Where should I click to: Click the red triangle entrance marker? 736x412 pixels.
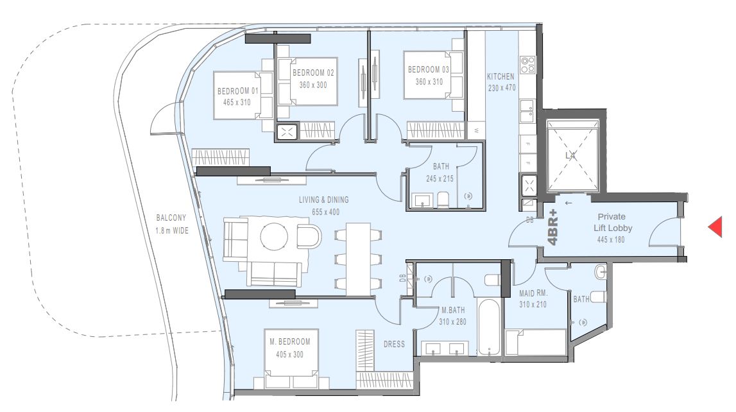(x=715, y=227)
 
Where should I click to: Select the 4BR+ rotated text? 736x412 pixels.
(x=553, y=230)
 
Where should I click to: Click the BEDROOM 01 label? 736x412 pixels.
(x=237, y=91)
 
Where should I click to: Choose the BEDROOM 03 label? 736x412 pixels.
(x=429, y=69)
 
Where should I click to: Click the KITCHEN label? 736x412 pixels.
(x=501, y=76)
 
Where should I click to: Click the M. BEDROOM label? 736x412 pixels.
(x=290, y=342)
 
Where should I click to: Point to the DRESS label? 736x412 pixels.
(x=394, y=345)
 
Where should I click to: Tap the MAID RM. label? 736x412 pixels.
(x=532, y=294)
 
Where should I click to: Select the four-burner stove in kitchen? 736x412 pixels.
(x=527, y=65)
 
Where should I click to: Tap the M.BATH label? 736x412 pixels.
(x=452, y=310)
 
